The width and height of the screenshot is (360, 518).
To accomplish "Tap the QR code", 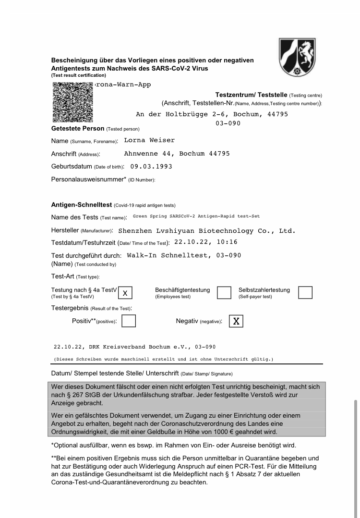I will [72, 102].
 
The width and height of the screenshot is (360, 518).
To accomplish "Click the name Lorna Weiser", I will [149, 140].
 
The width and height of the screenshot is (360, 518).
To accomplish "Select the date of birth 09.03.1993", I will [151, 166].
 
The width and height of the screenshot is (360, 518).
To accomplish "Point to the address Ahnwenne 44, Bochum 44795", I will [177, 154].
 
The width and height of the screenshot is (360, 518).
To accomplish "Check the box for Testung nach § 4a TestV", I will [125, 292].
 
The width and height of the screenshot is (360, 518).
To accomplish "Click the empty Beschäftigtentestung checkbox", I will [224, 292].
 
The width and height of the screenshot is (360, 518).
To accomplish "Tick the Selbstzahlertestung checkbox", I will [305, 292].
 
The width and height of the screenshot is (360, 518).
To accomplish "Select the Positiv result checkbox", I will [129, 321].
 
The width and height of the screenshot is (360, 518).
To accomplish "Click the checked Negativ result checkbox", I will [236, 321].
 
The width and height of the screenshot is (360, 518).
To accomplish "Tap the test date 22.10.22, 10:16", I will [205, 242].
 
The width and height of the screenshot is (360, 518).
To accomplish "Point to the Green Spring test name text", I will [196, 217].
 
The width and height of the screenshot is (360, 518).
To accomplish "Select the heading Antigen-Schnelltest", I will [81, 205].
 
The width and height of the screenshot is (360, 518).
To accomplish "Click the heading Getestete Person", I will [78, 128].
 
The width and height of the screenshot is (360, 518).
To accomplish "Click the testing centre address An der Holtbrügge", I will [212, 114].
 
